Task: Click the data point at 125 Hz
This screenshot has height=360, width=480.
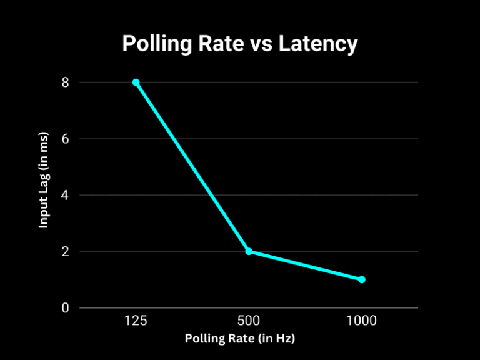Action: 136,82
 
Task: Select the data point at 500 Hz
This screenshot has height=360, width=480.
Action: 249,251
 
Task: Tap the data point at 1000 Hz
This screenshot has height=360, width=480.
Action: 362,279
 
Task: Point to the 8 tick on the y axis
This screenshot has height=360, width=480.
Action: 65,82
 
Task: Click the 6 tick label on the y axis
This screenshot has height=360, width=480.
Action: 65,139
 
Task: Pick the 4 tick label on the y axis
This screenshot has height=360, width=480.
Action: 65,195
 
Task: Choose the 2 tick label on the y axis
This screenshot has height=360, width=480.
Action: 65,251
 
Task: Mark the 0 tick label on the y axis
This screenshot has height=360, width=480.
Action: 65,308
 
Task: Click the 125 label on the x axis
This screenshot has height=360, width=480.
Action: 136,321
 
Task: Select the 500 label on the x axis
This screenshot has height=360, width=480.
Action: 249,321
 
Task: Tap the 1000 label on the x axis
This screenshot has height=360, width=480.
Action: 362,321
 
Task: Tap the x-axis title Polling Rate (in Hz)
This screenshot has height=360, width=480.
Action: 240,339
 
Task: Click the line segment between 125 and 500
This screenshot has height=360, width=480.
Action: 192,167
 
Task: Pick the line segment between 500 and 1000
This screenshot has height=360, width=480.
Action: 305,265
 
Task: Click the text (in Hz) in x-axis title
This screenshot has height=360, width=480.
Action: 275,339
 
